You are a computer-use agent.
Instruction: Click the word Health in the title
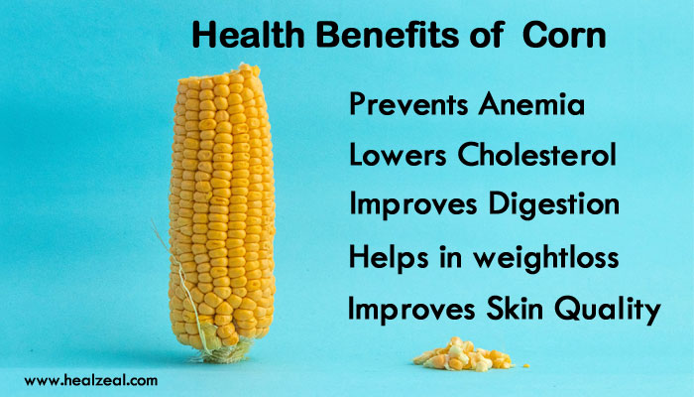click(x=248, y=36)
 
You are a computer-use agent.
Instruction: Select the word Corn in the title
click(x=564, y=36)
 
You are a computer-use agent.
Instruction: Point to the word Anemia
click(x=531, y=104)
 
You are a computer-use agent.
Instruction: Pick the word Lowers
click(x=398, y=155)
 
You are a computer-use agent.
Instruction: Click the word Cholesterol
click(x=536, y=154)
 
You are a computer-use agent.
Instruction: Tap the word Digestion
click(x=553, y=205)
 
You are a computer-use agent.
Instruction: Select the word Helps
click(x=389, y=257)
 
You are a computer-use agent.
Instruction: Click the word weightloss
click(x=545, y=257)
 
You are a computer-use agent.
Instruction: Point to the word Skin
click(x=515, y=309)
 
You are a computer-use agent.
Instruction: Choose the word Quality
click(x=607, y=310)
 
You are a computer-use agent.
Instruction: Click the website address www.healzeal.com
click(x=91, y=380)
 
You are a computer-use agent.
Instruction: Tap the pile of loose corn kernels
click(x=463, y=355)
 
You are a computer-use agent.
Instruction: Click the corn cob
click(x=221, y=208)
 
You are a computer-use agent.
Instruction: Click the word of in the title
click(x=487, y=36)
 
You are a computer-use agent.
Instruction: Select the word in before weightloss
click(x=450, y=257)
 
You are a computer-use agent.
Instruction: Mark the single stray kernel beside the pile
click(x=525, y=366)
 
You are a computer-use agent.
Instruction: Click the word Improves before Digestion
click(x=413, y=205)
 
